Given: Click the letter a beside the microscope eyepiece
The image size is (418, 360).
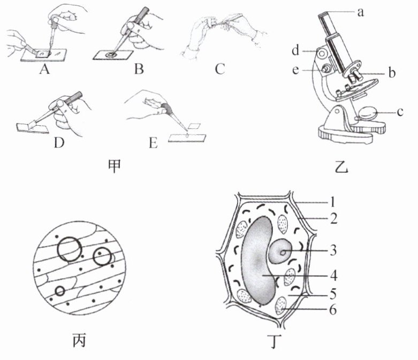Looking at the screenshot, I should pyautogui.click(x=360, y=12).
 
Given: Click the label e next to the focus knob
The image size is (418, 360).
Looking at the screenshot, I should pyautogui.click(x=295, y=71).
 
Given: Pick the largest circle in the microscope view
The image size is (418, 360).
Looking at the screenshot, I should pyautogui.click(x=71, y=248).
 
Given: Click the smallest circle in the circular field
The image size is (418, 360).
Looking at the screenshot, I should pyautogui.click(x=60, y=292).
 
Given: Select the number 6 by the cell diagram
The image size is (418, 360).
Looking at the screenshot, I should pyautogui.click(x=333, y=309).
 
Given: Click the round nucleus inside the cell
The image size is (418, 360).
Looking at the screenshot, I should pyautogui.click(x=282, y=251).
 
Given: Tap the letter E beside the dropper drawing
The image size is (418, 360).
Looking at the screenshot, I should pyautogui.click(x=154, y=143).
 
